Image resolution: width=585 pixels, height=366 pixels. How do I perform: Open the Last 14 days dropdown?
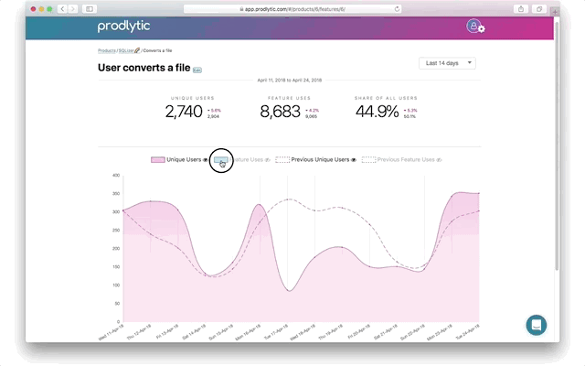448,63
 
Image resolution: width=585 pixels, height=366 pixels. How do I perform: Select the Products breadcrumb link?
107,50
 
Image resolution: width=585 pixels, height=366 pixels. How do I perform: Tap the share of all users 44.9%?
377,113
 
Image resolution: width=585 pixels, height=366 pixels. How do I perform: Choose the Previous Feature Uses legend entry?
402,159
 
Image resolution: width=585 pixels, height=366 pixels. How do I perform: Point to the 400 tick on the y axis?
116,175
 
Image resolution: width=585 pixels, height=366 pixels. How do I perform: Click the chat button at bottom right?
536,325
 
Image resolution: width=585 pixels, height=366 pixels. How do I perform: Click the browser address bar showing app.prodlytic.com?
292,8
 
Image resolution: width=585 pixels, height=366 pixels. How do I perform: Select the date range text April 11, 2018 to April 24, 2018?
289,80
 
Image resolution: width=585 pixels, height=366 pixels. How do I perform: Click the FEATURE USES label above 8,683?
289,97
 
